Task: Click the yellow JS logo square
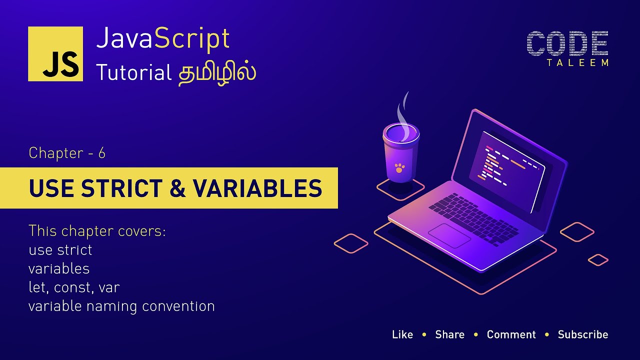coord(55,53)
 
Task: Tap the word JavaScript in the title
coord(163,38)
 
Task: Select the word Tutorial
coord(133,72)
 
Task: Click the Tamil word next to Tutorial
coord(217,72)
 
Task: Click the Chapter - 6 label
coord(67,153)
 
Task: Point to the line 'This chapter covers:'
coord(97,231)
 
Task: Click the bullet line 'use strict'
coord(60,249)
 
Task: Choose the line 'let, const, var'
coord(74,287)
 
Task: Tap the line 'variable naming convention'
coord(121,306)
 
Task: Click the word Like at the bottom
coord(402,334)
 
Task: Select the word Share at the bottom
coord(449,334)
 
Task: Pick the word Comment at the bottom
coord(511,334)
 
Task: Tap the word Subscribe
coord(583,334)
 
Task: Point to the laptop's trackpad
coord(449,235)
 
